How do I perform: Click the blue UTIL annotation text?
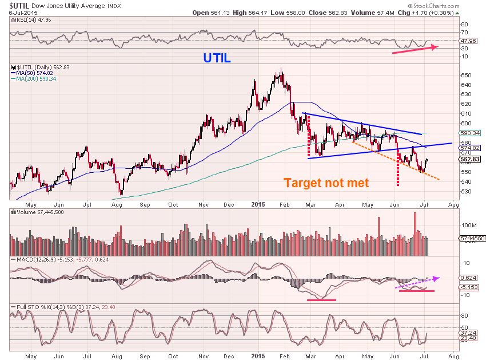point(217,58)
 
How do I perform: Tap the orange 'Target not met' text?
point(326,183)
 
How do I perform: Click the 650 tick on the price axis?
point(465,76)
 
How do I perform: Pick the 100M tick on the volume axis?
point(468,226)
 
